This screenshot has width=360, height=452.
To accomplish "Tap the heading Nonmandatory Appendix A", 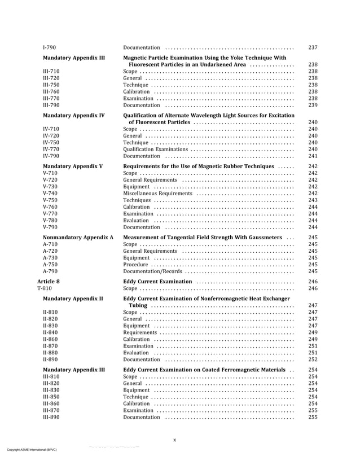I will click(x=78, y=238).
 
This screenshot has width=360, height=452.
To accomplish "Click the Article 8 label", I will click(x=49, y=281).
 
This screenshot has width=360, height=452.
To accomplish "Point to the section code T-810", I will click(x=46, y=288).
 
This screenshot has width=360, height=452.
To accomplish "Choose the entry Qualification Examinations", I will click(x=155, y=150).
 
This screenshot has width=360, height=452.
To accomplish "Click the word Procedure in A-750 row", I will click(x=135, y=264).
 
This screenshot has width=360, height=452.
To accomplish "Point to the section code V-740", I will click(x=50, y=194).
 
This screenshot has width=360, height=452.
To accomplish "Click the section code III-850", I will click(x=51, y=397).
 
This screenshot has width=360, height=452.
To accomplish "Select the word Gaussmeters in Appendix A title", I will click(x=264, y=238).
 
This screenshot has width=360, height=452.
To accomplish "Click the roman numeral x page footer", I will click(x=174, y=440).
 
